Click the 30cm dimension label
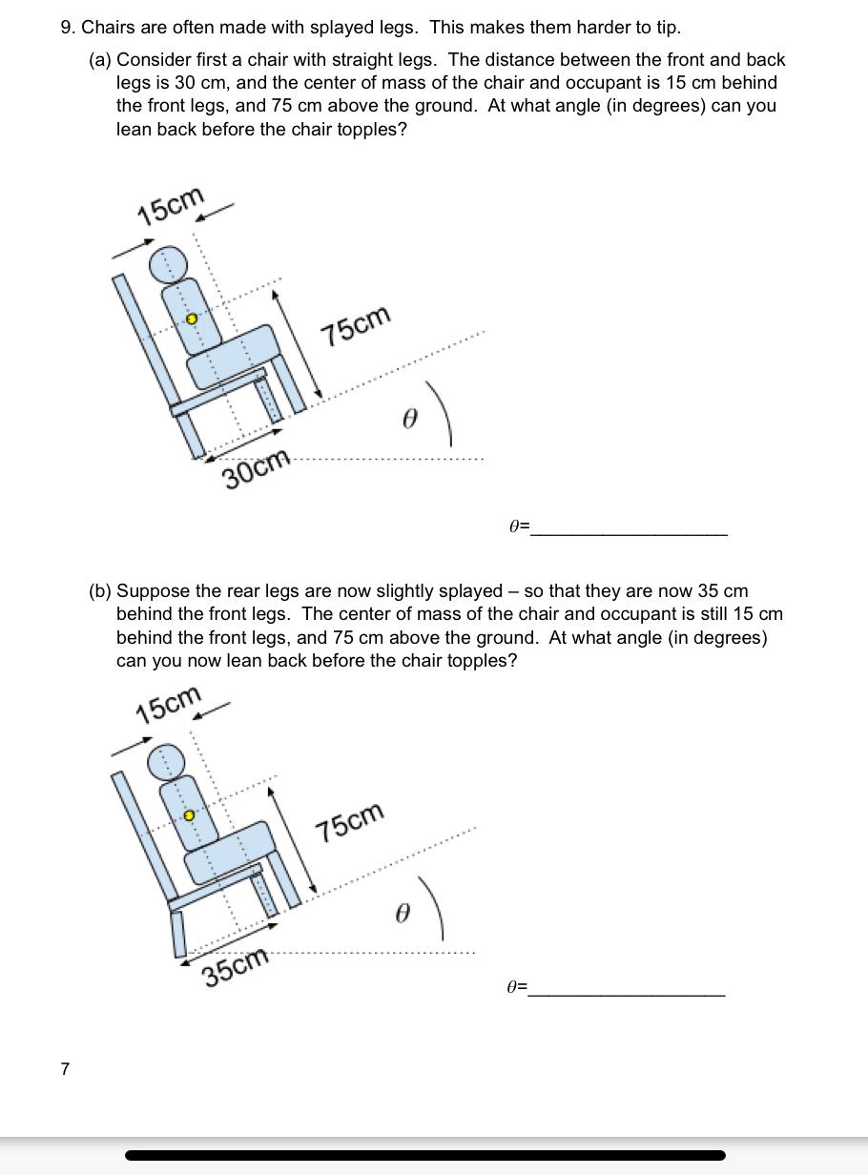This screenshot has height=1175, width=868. (x=256, y=467)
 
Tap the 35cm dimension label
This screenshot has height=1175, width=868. (x=236, y=968)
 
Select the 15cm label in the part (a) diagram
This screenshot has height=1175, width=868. (x=171, y=206)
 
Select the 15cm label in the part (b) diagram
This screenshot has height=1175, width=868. (x=169, y=705)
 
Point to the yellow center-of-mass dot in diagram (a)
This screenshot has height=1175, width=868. (x=191, y=319)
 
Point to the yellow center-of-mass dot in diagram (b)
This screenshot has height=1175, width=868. (x=189, y=815)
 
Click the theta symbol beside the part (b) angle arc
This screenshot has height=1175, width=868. (x=402, y=914)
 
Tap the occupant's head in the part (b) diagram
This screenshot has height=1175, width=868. (x=166, y=760)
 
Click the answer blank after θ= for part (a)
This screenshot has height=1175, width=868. (x=629, y=526)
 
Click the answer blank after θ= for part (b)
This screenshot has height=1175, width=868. (x=626, y=987)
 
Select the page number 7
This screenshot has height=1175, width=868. (x=65, y=1069)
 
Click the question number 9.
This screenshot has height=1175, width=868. (x=67, y=27)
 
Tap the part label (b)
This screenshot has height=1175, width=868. (x=100, y=591)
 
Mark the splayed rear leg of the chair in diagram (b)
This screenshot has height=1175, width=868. (x=178, y=934)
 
